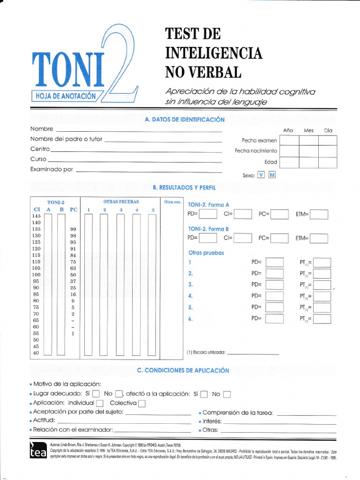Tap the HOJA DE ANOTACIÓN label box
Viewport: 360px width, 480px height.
tap(66, 96)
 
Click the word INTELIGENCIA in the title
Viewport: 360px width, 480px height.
tap(213, 53)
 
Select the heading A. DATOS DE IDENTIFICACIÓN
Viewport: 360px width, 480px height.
tap(185, 120)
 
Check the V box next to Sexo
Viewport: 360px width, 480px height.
tap(261, 175)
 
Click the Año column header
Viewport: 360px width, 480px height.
tap(288, 130)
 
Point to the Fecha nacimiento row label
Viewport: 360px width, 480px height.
tap(256, 151)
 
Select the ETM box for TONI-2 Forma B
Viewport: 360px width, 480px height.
tap(319, 238)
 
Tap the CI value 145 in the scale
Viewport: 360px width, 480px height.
tap(36, 216)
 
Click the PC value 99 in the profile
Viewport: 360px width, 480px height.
tap(73, 229)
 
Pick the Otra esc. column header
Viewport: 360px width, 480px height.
tap(172, 202)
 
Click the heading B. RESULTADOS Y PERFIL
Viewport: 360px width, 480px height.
tap(184, 187)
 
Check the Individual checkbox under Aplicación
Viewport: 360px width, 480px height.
tap(100, 403)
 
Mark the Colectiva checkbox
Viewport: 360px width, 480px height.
tap(142, 403)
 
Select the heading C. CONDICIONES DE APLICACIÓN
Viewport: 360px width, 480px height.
tap(183, 370)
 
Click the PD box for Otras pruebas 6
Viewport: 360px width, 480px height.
tap(275, 319)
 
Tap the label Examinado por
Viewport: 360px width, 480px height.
tap(52, 169)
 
